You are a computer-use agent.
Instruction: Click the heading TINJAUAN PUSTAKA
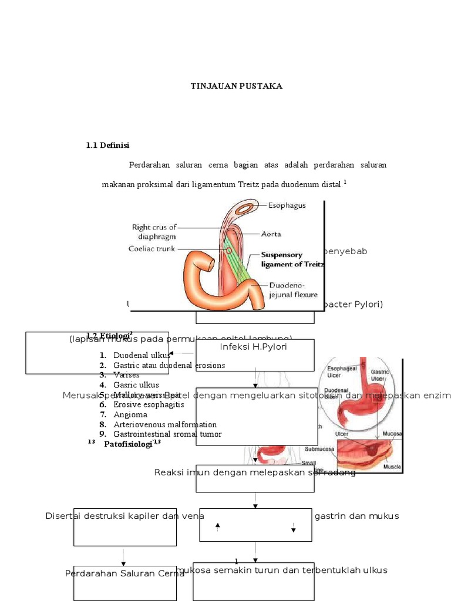tap(236, 86)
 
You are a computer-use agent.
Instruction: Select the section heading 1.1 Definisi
tap(107, 145)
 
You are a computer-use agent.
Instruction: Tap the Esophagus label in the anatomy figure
tap(287, 205)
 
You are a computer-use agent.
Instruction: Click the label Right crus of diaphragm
tap(154, 232)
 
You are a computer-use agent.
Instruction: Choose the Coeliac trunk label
tap(152, 248)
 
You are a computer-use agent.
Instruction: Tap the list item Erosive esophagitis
tap(149, 404)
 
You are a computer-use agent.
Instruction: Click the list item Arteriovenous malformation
tap(165, 424)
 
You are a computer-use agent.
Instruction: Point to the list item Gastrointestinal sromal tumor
tap(167, 434)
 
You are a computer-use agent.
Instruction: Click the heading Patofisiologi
tap(129, 444)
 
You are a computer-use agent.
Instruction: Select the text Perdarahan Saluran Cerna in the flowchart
tap(124, 573)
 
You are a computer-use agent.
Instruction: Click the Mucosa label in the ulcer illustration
tap(392, 434)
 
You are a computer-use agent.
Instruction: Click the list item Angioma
tap(130, 414)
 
